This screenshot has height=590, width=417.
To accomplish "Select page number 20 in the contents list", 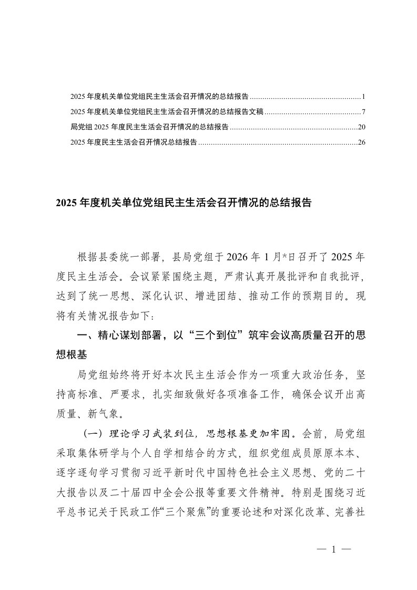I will (x=361, y=127).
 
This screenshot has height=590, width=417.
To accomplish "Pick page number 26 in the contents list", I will (x=361, y=142).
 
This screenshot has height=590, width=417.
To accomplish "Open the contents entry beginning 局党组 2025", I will (x=149, y=127).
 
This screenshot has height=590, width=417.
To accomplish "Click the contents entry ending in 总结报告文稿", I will (x=167, y=112).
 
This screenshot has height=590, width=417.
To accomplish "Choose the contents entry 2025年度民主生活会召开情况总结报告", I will (x=134, y=142).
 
